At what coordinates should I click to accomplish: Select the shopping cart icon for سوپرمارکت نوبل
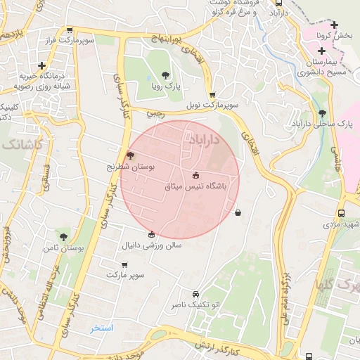click(x=212, y=95)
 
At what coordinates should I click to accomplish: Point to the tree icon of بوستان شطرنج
click(x=129, y=156)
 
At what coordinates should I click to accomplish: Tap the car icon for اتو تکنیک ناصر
click(x=195, y=295)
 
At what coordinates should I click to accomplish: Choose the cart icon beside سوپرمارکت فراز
click(x=70, y=30)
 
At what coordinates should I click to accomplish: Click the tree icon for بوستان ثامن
click(x=64, y=238)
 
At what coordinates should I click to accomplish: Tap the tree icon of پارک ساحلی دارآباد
click(x=322, y=113)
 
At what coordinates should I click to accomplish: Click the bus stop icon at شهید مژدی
click(x=342, y=213)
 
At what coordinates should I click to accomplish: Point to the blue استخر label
click(x=102, y=328)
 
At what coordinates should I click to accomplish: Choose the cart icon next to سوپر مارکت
click(x=124, y=265)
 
